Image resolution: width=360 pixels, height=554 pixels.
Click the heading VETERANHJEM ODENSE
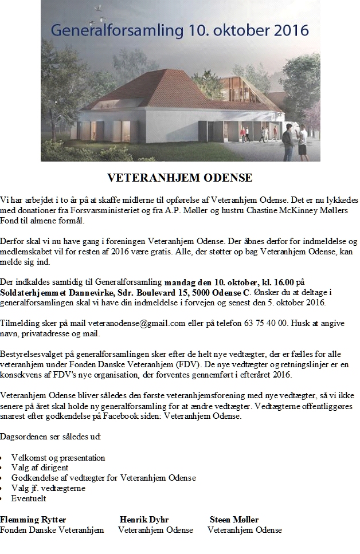(180, 178)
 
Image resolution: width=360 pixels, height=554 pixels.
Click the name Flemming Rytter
(33, 520)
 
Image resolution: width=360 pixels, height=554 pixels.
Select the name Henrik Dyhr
(144, 520)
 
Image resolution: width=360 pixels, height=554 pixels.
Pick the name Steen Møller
(234, 520)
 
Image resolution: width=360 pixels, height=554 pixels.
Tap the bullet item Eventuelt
(29, 498)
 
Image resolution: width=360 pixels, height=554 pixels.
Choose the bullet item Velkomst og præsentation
(58, 458)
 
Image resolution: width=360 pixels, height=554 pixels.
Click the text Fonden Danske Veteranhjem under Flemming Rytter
(52, 530)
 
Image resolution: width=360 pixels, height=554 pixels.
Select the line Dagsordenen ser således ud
(50, 437)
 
